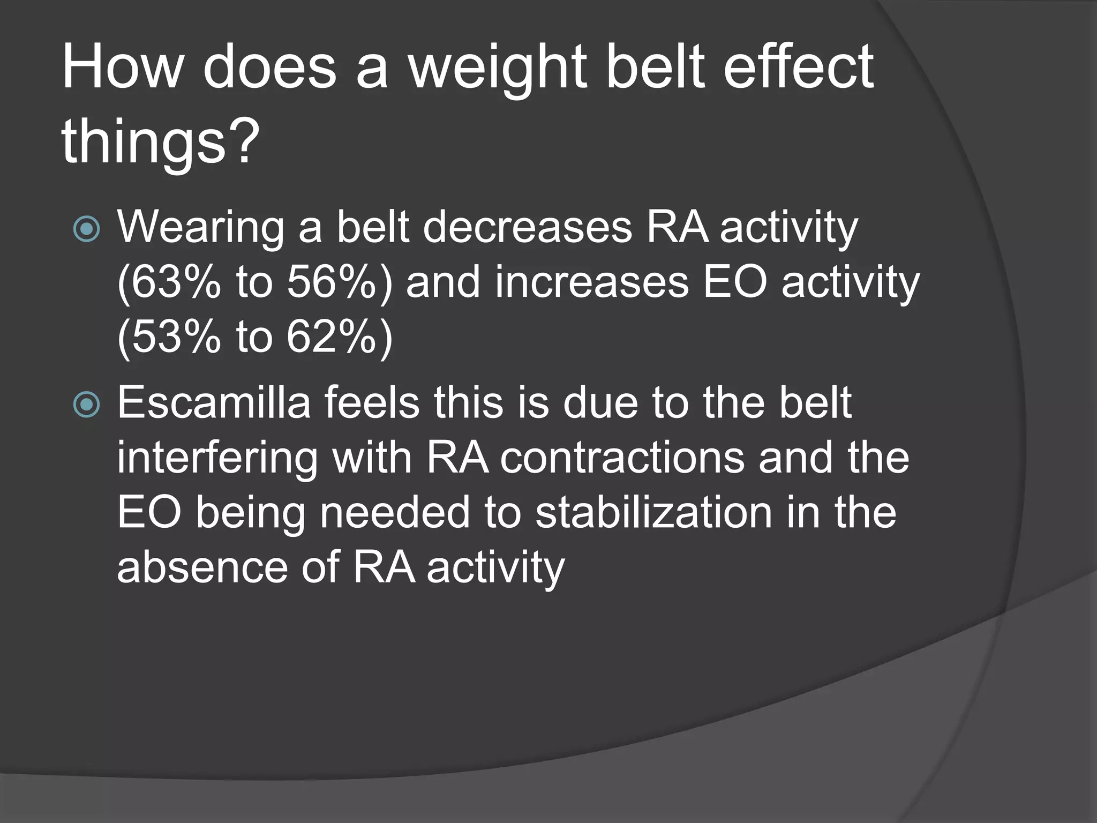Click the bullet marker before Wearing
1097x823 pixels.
(87, 229)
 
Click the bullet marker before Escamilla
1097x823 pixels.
(87, 405)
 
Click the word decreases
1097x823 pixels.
(528, 227)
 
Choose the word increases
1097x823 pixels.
(591, 282)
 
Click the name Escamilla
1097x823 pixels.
(214, 403)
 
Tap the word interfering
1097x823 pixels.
(217, 459)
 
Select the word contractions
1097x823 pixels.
(622, 459)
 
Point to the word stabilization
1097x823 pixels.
(654, 513)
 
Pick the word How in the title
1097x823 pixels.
(123, 68)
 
